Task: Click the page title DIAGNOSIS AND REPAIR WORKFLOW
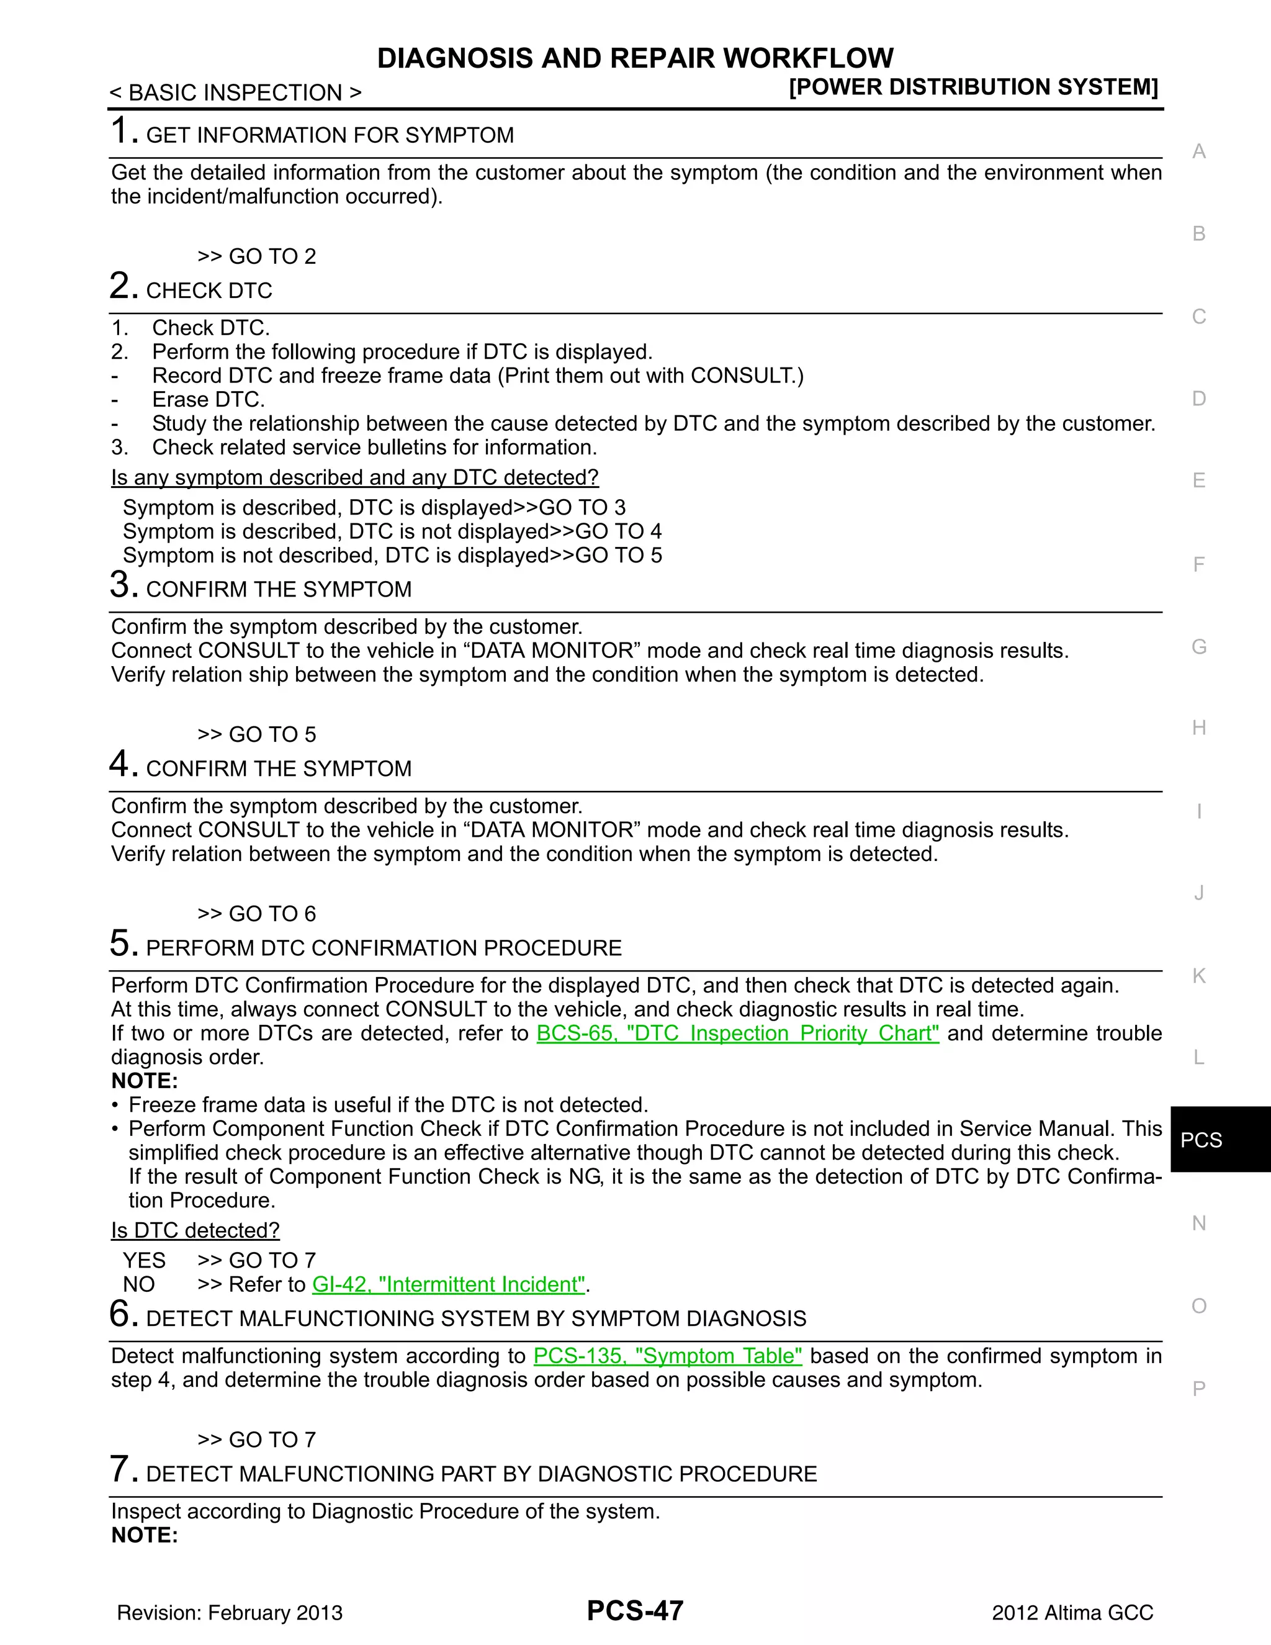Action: pos(635,58)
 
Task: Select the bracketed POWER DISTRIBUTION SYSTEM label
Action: pos(973,88)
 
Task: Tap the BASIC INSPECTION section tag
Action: pos(236,92)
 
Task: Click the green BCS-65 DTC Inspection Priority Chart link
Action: pos(737,1034)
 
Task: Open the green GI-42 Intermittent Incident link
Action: pos(449,1284)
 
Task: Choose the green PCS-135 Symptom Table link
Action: pos(667,1356)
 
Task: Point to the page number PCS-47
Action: pos(635,1610)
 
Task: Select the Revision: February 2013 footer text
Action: pos(230,1613)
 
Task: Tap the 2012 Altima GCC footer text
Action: pos(1072,1613)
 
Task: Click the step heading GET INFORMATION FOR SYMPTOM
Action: pos(330,135)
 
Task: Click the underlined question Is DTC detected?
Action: pos(195,1230)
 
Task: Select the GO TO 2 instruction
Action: pos(257,256)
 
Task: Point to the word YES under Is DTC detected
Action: pos(144,1260)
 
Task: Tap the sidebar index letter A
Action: pos(1199,151)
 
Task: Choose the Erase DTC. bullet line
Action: pos(208,399)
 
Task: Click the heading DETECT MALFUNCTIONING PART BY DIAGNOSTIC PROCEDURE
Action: pos(481,1474)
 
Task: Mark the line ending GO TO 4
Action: pos(392,532)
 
